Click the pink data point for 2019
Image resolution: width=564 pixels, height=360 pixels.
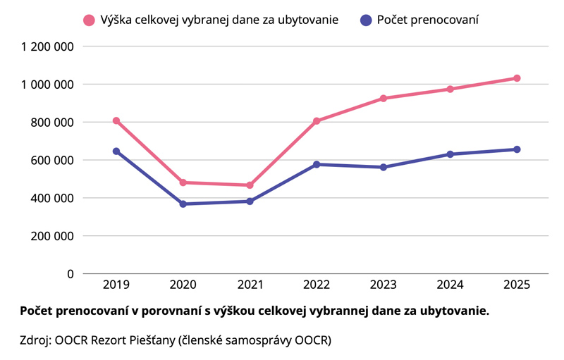pos(116,121)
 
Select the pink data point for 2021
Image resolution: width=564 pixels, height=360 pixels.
pos(250,185)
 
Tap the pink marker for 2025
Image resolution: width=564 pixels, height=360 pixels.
pos(517,78)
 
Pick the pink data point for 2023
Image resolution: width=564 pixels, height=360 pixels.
pos(384,99)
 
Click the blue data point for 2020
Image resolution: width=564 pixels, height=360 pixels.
pos(183,204)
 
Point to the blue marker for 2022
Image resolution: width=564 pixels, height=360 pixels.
pos(317,164)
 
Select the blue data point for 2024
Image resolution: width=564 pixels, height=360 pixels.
pos(450,154)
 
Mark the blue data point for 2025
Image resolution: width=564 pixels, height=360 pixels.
pos(517,149)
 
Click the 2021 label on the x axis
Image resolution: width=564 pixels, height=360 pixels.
pos(250,285)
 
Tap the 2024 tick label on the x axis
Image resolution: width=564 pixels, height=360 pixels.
pos(450,285)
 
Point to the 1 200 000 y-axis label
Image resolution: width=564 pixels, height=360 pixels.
pos(48,46)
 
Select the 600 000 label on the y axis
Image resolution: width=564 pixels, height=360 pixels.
pos(52,160)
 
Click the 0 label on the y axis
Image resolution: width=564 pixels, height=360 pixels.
pos(70,273)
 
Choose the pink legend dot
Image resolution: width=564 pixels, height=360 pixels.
pos(89,20)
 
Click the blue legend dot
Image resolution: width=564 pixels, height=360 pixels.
pos(366,20)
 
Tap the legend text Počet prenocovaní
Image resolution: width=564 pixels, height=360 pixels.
pos(428,20)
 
